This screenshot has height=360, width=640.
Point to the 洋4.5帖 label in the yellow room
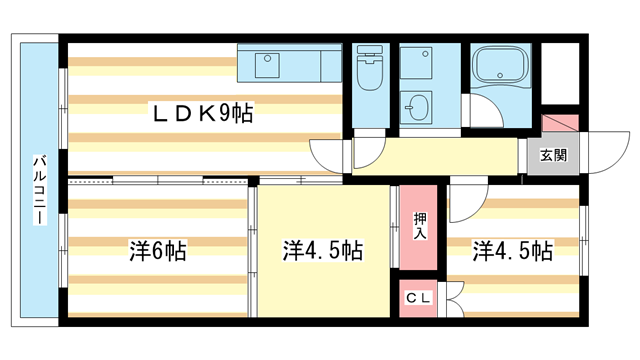coord(322,250)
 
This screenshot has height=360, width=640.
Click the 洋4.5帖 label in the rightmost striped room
coord(513,250)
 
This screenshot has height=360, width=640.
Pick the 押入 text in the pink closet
coord(420,226)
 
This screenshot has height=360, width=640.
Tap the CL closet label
coord(418,299)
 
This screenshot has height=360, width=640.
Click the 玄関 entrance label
coord(553,155)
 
